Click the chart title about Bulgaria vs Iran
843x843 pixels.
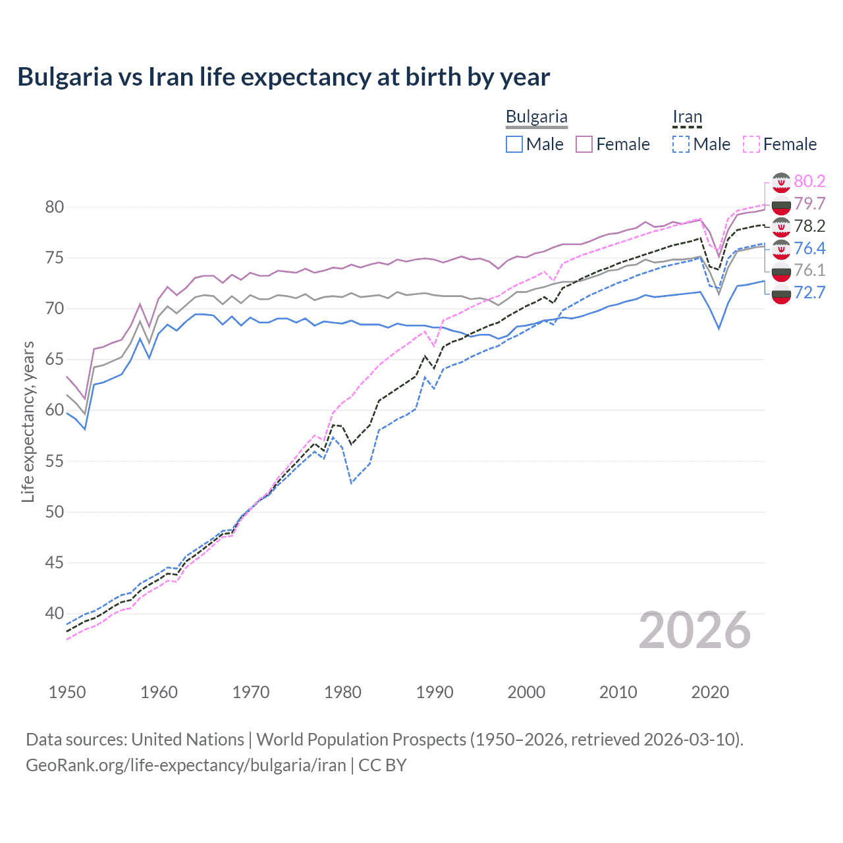click(283, 77)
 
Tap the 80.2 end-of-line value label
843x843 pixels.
click(809, 181)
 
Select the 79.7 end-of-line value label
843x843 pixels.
click(809, 204)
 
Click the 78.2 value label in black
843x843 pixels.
click(809, 226)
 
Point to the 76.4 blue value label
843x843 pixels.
click(809, 248)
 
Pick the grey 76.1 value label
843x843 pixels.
click(809, 270)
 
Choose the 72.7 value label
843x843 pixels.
click(809, 292)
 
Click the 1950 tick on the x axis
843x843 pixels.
click(67, 692)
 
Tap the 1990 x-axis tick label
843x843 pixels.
click(435, 692)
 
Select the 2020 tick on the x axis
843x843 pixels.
click(710, 692)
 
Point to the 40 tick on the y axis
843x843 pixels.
click(54, 613)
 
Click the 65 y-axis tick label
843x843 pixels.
click(54, 360)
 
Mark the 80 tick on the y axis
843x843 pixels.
click(54, 207)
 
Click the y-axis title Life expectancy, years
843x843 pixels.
click(28, 421)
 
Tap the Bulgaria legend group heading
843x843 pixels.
click(536, 117)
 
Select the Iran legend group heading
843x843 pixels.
click(687, 117)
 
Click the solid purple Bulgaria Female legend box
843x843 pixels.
click(584, 144)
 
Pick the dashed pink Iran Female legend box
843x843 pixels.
click(751, 144)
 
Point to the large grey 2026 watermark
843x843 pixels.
click(694, 630)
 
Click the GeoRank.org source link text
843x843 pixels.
click(186, 765)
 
